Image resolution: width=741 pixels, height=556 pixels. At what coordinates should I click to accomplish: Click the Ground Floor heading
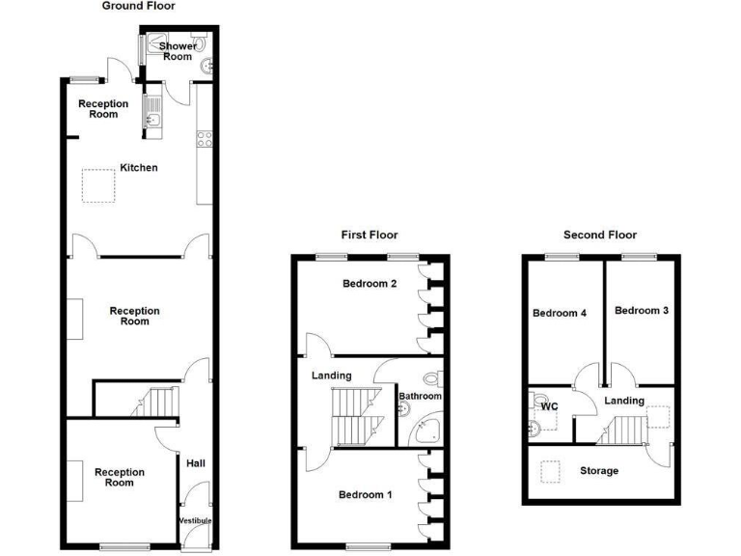point(139,6)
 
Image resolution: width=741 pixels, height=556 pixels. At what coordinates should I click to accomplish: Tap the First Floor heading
point(369,235)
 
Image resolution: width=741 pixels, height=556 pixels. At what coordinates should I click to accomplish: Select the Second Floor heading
point(600,235)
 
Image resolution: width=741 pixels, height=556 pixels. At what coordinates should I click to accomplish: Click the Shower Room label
point(178,51)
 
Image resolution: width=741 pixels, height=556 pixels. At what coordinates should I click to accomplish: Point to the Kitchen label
point(138,168)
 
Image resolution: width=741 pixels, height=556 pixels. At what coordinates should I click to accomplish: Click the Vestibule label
point(194,521)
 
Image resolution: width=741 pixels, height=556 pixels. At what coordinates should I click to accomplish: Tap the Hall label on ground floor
point(196,464)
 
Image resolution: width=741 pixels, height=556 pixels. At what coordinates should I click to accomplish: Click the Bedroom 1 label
point(365,495)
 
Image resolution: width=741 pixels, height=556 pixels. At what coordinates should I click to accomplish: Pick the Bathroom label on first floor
point(421,397)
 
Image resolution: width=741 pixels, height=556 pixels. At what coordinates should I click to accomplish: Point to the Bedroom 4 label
point(559,313)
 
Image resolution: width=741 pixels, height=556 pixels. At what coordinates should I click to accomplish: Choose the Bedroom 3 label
point(642,311)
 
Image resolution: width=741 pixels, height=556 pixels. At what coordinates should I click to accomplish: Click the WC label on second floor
point(549,407)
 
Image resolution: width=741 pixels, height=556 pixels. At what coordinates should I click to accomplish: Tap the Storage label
point(599,471)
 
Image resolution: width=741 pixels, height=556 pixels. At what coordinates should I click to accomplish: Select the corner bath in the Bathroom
point(425,433)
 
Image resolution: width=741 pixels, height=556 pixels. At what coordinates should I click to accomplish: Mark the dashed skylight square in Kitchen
point(98,186)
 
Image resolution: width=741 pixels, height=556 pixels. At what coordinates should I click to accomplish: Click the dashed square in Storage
point(551,472)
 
